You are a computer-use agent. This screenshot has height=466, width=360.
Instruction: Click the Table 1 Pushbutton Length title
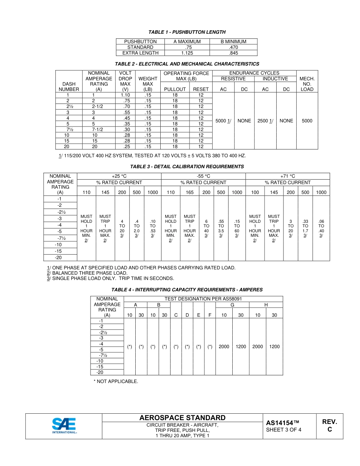[x=187, y=32]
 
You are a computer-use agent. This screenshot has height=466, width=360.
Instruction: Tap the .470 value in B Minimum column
[x=233, y=47]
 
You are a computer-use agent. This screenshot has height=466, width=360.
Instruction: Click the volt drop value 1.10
[x=125, y=95]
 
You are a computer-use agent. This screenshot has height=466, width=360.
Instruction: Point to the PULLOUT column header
[x=175, y=89]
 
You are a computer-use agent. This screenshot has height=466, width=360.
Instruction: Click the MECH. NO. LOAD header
[x=307, y=84]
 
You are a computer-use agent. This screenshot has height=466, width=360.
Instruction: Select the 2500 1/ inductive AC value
[x=265, y=121]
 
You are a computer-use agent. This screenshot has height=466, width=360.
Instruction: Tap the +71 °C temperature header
[x=288, y=176]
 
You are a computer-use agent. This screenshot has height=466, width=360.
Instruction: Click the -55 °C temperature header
[x=203, y=176]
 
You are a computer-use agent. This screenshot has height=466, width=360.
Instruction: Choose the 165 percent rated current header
[x=189, y=192]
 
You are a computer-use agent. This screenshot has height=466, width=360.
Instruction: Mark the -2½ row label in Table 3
[x=60, y=212]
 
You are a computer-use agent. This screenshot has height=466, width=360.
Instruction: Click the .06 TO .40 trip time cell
[x=321, y=228]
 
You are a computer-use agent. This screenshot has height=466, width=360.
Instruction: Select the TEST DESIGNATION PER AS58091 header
[x=203, y=299]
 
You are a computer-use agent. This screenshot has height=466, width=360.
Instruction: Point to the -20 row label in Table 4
[x=100, y=372]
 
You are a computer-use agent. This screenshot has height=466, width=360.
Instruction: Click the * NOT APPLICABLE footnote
[x=116, y=381]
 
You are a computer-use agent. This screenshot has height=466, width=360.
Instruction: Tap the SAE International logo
[x=64, y=426]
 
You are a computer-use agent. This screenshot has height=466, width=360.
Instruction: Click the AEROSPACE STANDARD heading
[x=182, y=418]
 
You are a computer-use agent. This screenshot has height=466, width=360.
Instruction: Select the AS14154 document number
[x=283, y=423]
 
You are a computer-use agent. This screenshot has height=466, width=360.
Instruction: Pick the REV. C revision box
[x=329, y=426]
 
